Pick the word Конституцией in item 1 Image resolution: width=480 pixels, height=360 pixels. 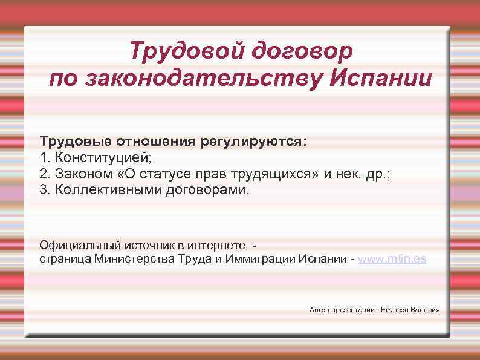104,158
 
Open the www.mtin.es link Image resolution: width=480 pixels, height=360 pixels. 392,259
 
